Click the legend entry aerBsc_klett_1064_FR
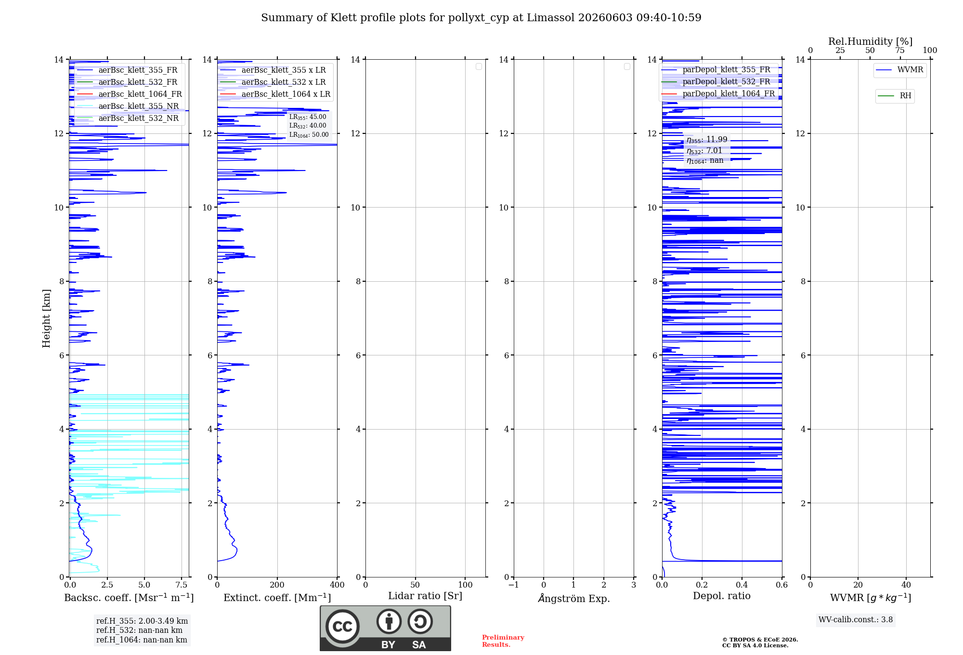129,94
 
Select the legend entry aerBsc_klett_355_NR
128,106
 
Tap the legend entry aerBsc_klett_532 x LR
273,82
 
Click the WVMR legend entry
899,70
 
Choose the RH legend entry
895,96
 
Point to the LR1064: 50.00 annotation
309,135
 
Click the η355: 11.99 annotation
707,140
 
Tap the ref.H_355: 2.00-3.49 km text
142,621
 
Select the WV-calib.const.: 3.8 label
856,620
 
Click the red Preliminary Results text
503,641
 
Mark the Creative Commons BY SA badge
385,628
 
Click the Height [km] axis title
46,318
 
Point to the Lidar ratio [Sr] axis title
425,596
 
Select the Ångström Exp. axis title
574,598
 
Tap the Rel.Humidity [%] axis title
871,41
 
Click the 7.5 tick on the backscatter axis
182,585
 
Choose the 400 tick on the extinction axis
337,585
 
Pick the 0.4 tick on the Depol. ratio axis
742,585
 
